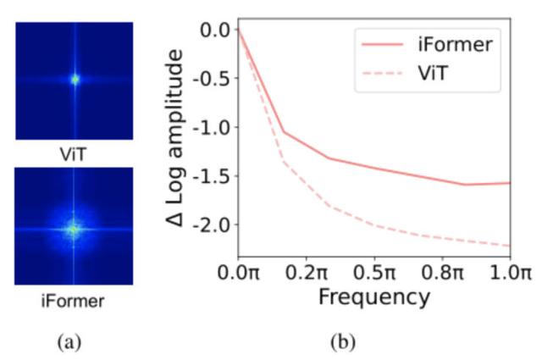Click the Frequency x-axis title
374,298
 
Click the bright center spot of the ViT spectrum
75,80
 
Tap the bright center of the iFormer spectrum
75,228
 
